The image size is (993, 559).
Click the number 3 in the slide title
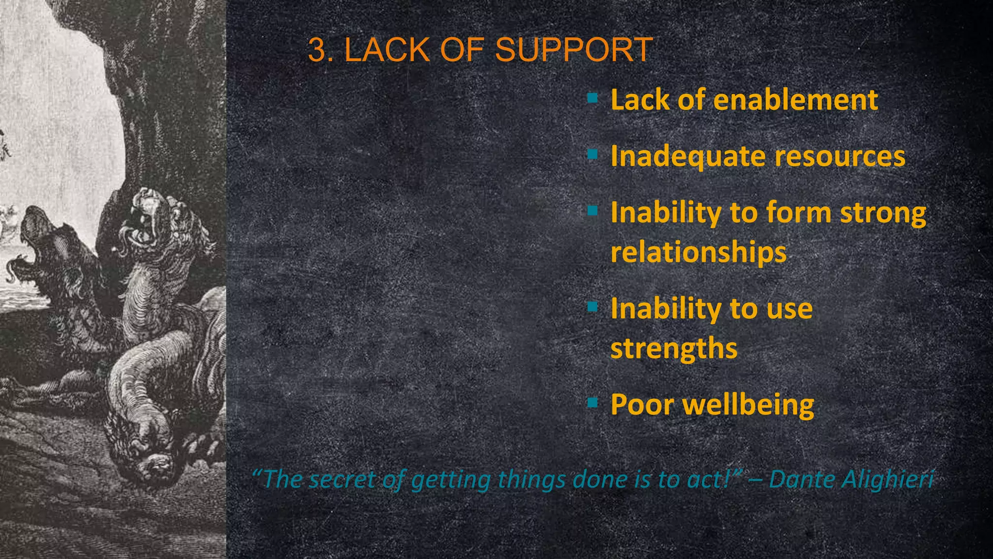[317, 50]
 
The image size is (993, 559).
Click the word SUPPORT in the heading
[574, 50]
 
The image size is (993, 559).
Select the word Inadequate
[688, 157]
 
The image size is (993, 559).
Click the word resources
[840, 156]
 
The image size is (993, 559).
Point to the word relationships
[698, 252]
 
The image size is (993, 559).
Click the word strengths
[673, 349]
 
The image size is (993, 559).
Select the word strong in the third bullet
[883, 214]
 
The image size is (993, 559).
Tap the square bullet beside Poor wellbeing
[592, 403]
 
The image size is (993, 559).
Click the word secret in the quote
[342, 479]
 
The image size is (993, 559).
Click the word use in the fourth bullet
[789, 309]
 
